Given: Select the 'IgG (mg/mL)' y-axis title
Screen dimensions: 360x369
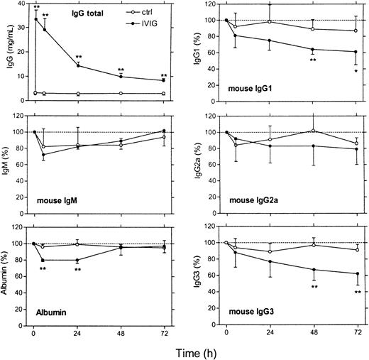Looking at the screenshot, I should [x=6, y=56].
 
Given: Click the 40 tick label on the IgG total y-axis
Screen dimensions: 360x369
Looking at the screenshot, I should [x=21, y=5].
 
